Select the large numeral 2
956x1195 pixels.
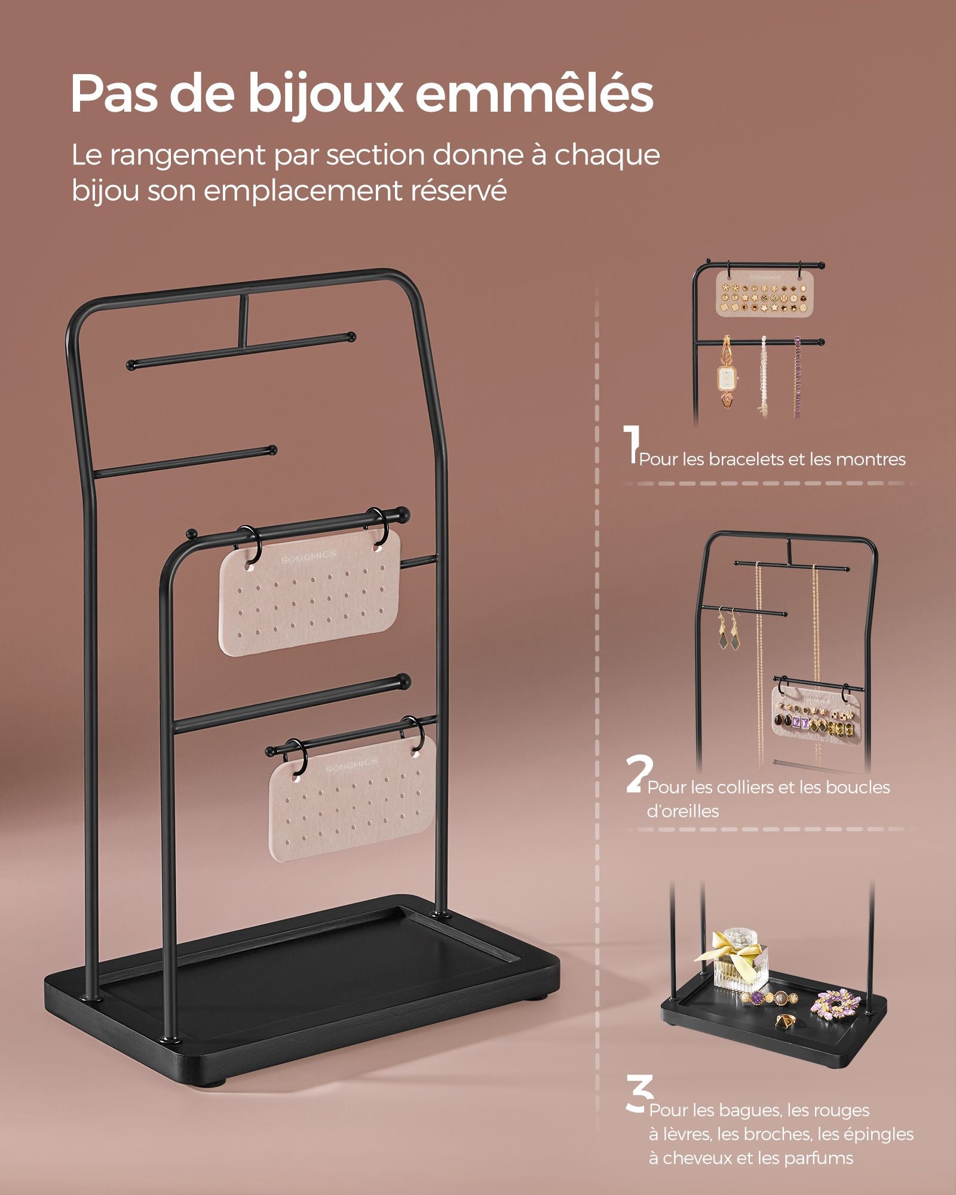pyautogui.click(x=638, y=774)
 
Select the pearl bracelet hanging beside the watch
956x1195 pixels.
pyautogui.click(x=763, y=376)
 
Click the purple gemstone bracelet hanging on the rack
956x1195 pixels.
pyautogui.click(x=797, y=376)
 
